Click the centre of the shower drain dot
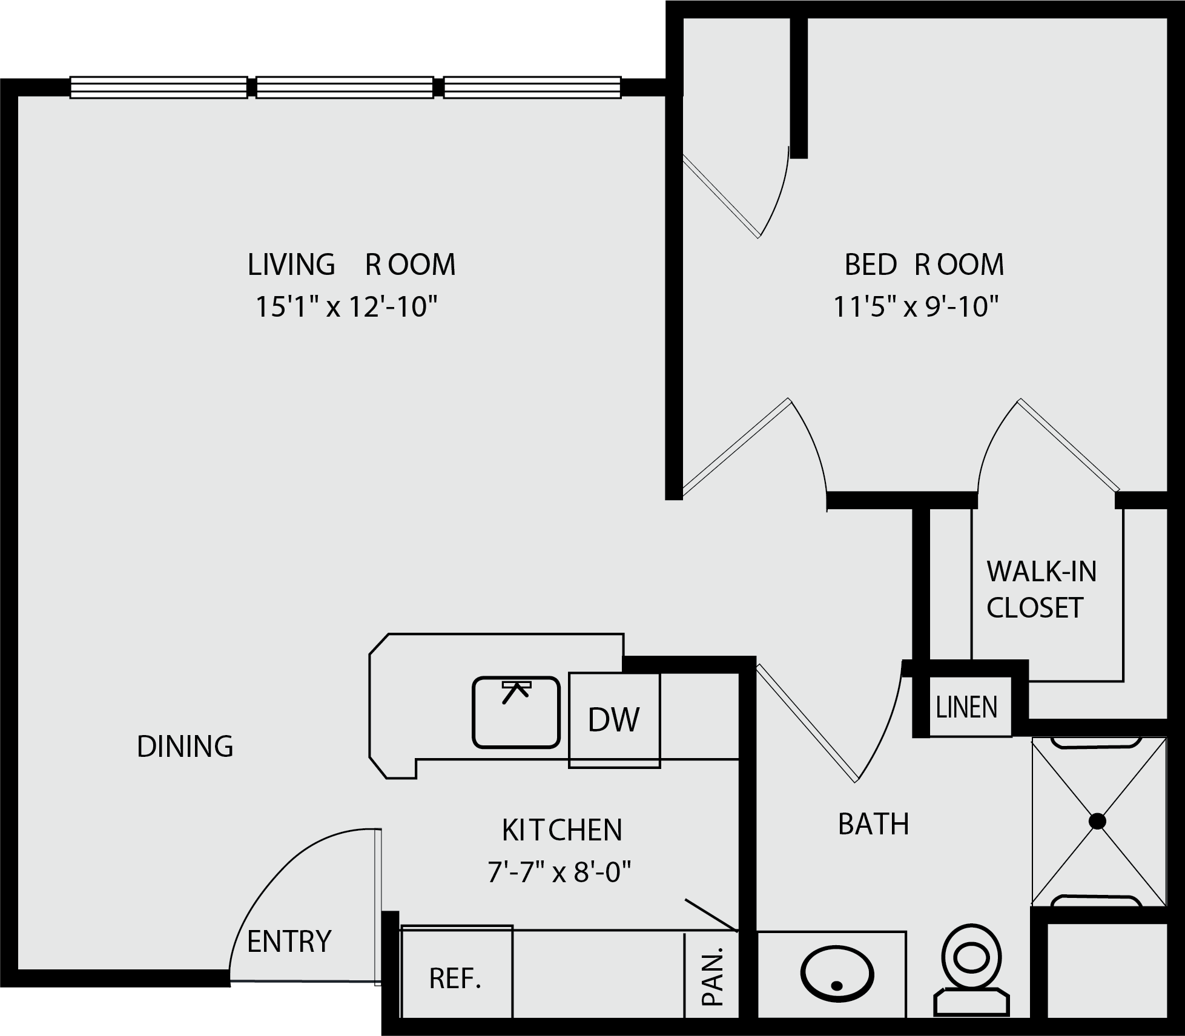pyautogui.click(x=1097, y=822)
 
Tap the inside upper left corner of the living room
pyautogui.click(x=18, y=96)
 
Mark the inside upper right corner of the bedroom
pyautogui.click(x=1167, y=18)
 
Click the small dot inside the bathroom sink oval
pyautogui.click(x=837, y=985)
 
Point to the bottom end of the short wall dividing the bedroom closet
pyautogui.click(x=799, y=158)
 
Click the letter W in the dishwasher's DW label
pyautogui.click(x=627, y=720)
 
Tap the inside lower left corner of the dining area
pyautogui.click(x=18, y=969)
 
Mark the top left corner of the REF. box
pyautogui.click(x=400, y=926)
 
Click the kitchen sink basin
pyautogui.click(x=516, y=712)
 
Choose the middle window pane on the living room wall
pyautogui.click(x=345, y=87)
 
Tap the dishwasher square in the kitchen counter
pyautogui.click(x=614, y=721)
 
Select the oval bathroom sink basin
pyautogui.click(x=837, y=975)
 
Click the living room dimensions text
pyautogui.click(x=346, y=306)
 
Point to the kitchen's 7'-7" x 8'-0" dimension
pyautogui.click(x=559, y=873)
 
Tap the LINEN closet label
pyautogui.click(x=966, y=707)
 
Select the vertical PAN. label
pyautogui.click(x=713, y=977)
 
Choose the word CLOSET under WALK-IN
pyautogui.click(x=1035, y=608)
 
